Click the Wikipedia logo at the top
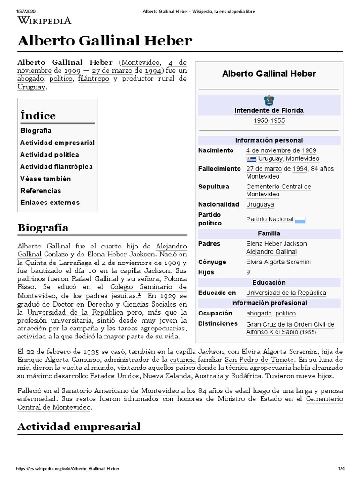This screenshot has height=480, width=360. coord(45,20)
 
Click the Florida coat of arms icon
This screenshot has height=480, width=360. coord(269,100)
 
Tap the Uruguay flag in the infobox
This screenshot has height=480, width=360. coord(251,159)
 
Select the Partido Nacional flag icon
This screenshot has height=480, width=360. coord(300,219)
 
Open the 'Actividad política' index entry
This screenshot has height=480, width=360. coord(50,155)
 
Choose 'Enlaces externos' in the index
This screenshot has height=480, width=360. coord(50,202)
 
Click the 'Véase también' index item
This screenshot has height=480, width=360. coord(45,179)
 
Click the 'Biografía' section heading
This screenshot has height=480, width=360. coord(43,228)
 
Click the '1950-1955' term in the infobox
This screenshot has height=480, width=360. coord(269,121)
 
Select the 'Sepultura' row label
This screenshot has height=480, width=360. coord(214,187)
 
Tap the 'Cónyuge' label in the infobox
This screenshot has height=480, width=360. coord(212,262)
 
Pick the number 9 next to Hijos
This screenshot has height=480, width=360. coord(248,272)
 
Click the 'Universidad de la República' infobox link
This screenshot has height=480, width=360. coord(286,293)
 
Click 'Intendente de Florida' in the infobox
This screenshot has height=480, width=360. coord(269,111)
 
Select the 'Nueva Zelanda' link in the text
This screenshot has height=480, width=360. coord(167,376)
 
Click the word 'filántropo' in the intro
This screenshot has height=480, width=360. coord(94,79)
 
